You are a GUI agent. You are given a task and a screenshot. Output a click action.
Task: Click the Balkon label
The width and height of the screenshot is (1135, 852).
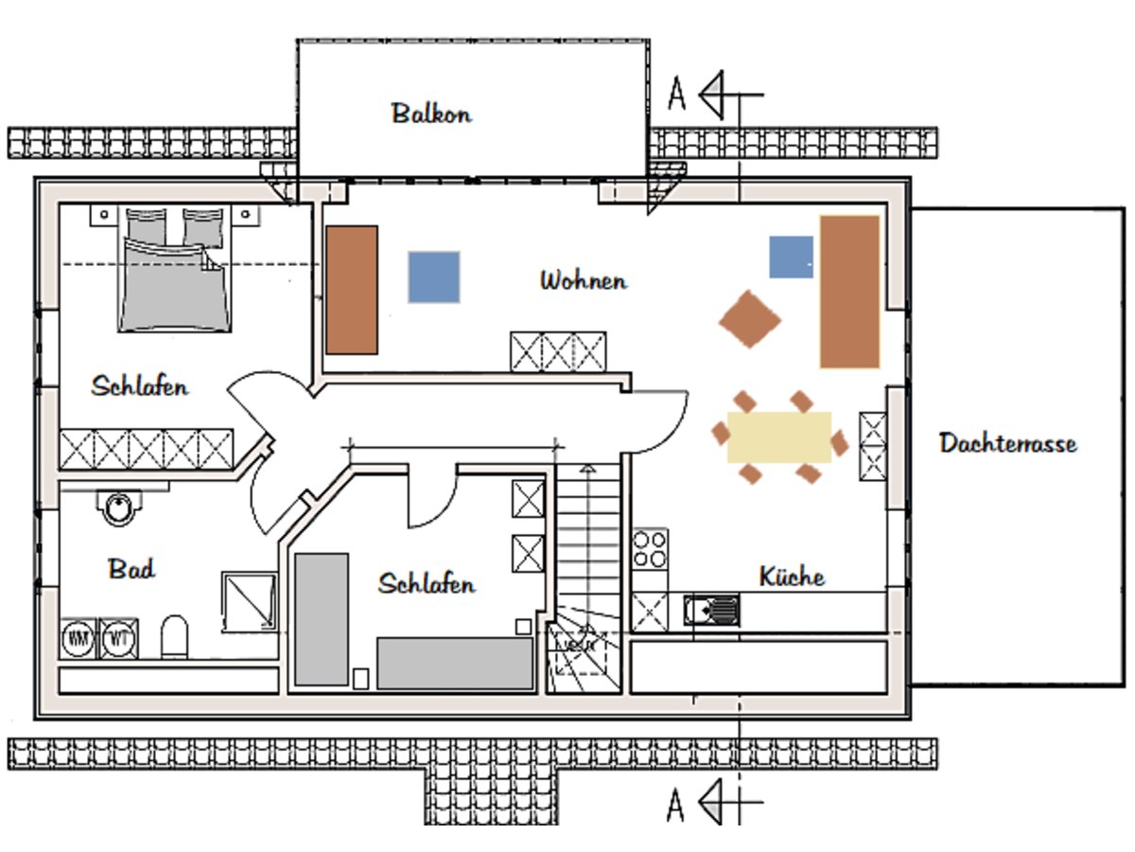click(431, 114)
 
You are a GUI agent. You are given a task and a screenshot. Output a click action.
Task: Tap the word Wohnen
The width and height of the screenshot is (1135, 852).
click(583, 281)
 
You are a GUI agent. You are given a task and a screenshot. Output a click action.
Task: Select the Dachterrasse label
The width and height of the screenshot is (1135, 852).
click(1007, 443)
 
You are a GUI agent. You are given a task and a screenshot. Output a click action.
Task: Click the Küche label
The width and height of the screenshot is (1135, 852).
click(792, 577)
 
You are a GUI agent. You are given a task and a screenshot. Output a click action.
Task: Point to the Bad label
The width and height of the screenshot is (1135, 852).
click(131, 569)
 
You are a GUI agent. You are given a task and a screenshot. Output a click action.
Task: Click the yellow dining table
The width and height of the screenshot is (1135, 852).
click(778, 436)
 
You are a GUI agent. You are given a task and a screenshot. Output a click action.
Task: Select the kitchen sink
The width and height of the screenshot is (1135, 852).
click(711, 611)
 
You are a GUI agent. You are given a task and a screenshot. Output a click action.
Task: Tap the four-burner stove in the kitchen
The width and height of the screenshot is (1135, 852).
click(650, 547)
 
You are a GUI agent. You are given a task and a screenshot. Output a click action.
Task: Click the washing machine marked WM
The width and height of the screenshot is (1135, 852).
click(78, 639)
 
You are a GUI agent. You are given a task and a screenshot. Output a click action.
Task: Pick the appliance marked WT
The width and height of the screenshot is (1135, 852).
click(119, 639)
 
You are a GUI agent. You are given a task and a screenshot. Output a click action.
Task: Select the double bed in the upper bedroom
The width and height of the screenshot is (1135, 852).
click(175, 275)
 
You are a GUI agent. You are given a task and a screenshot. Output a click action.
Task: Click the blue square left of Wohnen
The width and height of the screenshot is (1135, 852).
click(434, 276)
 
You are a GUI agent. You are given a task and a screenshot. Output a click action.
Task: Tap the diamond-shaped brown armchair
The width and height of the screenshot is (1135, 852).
click(749, 320)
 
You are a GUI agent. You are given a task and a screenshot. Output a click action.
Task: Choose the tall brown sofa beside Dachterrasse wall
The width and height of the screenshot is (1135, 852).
click(849, 292)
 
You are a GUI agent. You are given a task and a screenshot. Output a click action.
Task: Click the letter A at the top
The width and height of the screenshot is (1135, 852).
click(676, 95)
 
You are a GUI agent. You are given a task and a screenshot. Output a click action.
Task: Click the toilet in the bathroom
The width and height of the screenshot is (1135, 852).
click(175, 637)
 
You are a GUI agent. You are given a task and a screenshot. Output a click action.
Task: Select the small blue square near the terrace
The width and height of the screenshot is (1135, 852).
click(791, 257)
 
